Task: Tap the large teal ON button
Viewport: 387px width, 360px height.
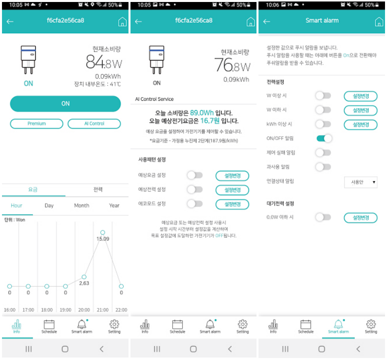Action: pos(65,104)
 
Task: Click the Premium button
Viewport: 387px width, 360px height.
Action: pos(37,124)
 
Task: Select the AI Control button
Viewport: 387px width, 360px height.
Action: pos(94,124)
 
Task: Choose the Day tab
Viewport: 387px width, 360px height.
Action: pos(49,206)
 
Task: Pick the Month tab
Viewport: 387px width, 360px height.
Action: pos(82,206)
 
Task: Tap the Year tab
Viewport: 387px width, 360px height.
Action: pos(114,206)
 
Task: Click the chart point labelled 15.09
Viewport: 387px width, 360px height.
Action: pos(103,232)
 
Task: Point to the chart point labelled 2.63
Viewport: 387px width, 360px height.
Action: pos(84,277)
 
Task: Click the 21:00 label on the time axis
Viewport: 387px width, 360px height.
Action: pos(103,310)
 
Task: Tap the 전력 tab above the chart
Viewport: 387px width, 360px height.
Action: pos(98,190)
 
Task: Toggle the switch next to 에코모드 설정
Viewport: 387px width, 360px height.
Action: pos(195,204)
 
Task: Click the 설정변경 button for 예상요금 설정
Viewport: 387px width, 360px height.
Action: pos(232,175)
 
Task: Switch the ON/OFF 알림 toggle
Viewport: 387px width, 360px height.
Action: pos(323,139)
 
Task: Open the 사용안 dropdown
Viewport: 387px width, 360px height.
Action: pos(361,182)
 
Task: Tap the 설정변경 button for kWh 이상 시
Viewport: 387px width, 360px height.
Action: pos(360,125)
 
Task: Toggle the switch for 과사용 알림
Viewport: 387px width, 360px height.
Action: pos(323,167)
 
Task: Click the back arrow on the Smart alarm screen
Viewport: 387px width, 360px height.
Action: pos(266,21)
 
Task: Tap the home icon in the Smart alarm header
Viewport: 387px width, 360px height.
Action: pos(379,22)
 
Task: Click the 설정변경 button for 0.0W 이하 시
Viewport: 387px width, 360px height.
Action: pos(360,217)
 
